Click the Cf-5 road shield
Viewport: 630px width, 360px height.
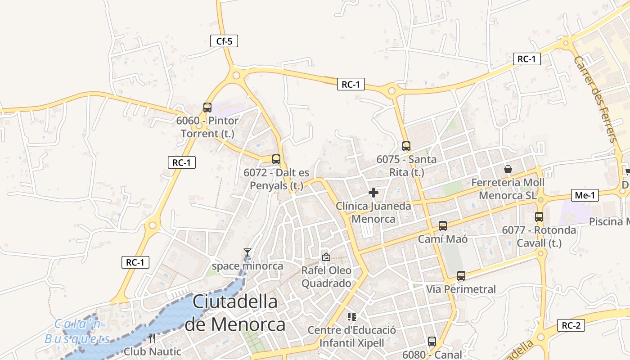coord(224,41)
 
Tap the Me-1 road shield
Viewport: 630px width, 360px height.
coord(585,195)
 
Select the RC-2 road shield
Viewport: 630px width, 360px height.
coord(571,325)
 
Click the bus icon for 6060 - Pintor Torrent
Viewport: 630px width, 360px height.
coord(207,108)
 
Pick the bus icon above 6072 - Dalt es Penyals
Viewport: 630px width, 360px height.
coord(276,159)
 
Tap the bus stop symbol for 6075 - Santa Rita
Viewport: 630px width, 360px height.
coord(406,146)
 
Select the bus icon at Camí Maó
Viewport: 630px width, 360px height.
coord(443,226)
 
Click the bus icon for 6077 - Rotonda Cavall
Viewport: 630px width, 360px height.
coord(539,217)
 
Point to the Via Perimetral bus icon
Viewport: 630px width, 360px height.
coord(461,276)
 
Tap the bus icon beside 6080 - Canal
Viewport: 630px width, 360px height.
coord(432,342)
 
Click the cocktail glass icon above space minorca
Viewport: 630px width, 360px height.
coord(247,252)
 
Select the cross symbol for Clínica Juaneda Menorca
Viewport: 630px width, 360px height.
coord(373,193)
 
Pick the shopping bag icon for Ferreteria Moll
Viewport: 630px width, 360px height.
coord(508,169)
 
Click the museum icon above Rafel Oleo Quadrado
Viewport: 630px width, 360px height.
coord(326,257)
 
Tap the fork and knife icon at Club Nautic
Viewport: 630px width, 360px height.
coord(152,338)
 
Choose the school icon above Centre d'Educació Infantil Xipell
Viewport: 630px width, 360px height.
coord(352,317)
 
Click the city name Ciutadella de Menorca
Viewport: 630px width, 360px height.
coord(235,313)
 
